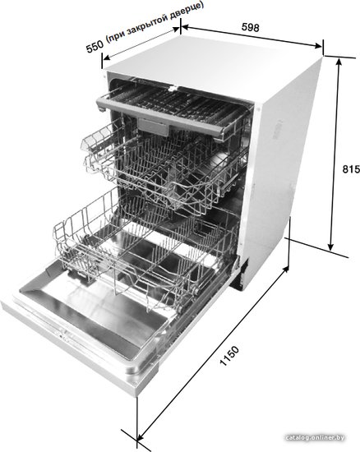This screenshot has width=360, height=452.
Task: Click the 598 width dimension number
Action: pos(250,27)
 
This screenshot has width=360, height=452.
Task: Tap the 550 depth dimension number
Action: pos(95,46)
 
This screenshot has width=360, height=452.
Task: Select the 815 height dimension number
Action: pos(351,169)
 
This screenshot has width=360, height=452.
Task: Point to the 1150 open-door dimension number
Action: pos(229,356)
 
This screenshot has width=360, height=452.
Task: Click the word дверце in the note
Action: pos(187,10)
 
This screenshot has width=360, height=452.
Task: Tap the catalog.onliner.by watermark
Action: pos(315,437)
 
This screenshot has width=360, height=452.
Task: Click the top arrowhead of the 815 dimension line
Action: pos(339,61)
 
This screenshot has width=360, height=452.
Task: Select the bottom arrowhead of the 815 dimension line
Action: pos(331,247)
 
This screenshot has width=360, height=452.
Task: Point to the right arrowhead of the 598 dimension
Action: pos(318,45)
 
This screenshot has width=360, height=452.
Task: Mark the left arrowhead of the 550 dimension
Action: pos(107,58)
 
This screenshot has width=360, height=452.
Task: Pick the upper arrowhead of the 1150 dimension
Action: pos(285,270)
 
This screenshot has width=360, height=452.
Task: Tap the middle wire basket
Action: pos(164,170)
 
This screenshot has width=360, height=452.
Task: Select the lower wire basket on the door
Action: pos(144,254)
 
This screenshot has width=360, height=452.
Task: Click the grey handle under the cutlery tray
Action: pos(153,127)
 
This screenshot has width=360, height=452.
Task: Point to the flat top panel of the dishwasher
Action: pos(214,67)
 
